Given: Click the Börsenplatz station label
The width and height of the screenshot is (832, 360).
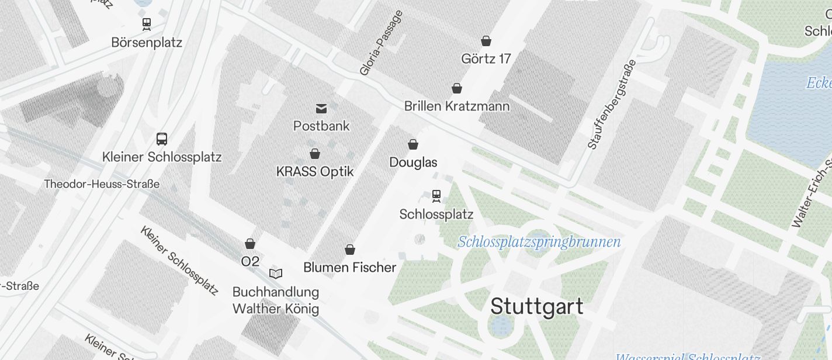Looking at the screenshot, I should click(x=147, y=43).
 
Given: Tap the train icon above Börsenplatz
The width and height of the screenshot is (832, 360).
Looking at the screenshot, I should click(x=147, y=24).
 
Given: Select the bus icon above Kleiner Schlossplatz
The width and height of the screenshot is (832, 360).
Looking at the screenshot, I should click(x=162, y=139).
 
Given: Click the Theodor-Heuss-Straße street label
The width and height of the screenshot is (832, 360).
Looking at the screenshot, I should click(x=102, y=184).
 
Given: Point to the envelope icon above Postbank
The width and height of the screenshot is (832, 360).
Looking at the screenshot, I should click(x=321, y=108).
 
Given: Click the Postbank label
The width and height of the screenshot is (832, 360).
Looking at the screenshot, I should click(x=321, y=126).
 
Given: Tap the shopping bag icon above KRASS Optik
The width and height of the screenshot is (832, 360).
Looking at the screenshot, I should click(x=315, y=154).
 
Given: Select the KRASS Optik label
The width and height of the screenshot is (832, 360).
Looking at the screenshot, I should click(x=315, y=172).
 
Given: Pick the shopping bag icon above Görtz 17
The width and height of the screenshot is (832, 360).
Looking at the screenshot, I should click(x=486, y=41).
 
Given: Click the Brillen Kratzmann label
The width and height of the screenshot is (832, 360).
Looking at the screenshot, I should click(x=457, y=106).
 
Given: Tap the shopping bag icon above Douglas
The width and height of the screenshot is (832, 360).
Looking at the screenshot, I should click(x=413, y=144).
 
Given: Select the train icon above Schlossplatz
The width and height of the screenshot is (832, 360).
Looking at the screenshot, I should click(x=436, y=195).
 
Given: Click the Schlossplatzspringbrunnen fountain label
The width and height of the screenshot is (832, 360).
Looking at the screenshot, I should click(x=539, y=242).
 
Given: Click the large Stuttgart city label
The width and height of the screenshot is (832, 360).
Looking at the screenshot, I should click(x=536, y=307).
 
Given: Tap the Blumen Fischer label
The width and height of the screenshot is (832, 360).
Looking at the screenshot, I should click(x=349, y=268).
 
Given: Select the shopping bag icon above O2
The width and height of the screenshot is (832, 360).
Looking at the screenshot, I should click(x=250, y=244).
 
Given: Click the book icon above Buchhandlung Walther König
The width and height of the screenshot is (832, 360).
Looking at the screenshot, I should click(x=276, y=273).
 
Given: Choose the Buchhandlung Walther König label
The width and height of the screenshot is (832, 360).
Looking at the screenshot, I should click(x=276, y=300).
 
